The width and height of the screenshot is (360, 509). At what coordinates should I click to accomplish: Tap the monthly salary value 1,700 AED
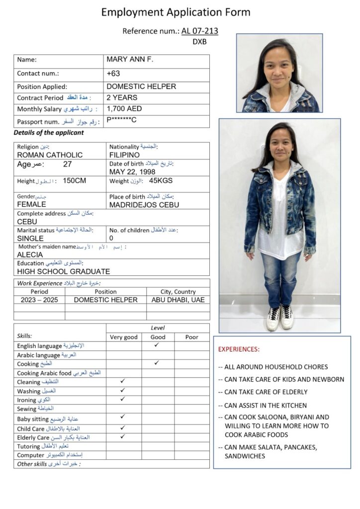coord(124,108)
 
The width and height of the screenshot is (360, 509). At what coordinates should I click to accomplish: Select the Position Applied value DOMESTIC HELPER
coord(141,86)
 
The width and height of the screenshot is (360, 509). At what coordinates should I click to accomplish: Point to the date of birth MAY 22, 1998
coord(132,171)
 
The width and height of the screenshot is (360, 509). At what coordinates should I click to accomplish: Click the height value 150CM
coord(75,181)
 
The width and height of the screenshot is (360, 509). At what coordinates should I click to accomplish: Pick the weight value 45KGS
coord(161,181)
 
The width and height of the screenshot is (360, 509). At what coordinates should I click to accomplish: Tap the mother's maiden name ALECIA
coord(30,254)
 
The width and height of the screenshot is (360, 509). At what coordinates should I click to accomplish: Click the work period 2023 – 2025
coord(39,300)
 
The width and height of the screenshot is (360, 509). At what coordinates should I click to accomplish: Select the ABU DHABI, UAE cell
coord(178,300)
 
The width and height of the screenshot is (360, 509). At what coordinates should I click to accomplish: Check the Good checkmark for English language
coord(157,344)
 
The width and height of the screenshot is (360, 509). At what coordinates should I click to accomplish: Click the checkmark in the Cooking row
coord(157,363)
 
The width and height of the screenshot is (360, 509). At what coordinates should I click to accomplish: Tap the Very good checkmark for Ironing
coord(123,399)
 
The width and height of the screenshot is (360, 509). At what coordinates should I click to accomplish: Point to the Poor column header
coord(191,337)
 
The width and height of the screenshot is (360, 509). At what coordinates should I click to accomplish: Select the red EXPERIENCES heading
coord(239,349)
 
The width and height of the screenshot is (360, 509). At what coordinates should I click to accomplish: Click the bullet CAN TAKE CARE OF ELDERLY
coord(266,392)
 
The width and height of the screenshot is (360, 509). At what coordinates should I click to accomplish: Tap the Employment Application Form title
coord(176,12)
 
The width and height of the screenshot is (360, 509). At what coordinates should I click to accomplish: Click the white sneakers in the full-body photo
coord(279,318)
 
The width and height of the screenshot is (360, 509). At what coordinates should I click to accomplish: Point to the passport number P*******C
coord(122,120)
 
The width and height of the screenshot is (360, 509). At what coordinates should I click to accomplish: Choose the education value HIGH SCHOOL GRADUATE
coord(64,271)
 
